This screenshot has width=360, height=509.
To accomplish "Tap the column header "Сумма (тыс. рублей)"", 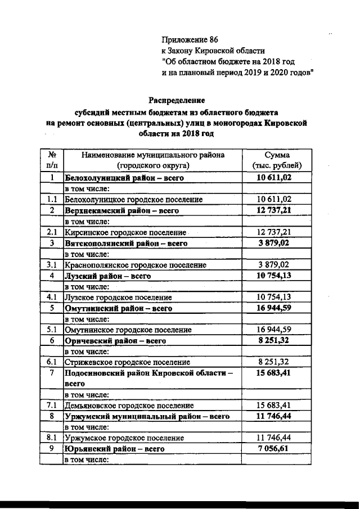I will coord(276,160).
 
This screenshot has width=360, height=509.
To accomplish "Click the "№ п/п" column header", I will coord(51,160).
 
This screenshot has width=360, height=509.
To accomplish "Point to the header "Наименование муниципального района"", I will coord(152,155).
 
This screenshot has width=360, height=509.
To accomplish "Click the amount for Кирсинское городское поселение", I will coord(274,232).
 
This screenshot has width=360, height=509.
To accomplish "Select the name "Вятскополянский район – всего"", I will coord(126,244).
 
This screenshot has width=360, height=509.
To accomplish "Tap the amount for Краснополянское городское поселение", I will coord(274,264).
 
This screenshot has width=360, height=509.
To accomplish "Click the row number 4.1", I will coord(51,297).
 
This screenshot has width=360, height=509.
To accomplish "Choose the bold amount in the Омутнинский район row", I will coord(274,308).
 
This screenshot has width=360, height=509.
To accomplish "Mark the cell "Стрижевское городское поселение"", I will coord(128,363).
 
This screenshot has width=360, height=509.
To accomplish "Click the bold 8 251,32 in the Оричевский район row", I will coord(274,341).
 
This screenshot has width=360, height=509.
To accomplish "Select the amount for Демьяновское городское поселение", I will coord(274,405).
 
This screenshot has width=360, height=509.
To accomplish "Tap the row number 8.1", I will coord(51,437).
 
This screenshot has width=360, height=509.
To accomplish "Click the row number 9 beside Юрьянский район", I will coord(51,449).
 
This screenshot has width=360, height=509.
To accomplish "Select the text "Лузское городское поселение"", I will coord(118,297).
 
